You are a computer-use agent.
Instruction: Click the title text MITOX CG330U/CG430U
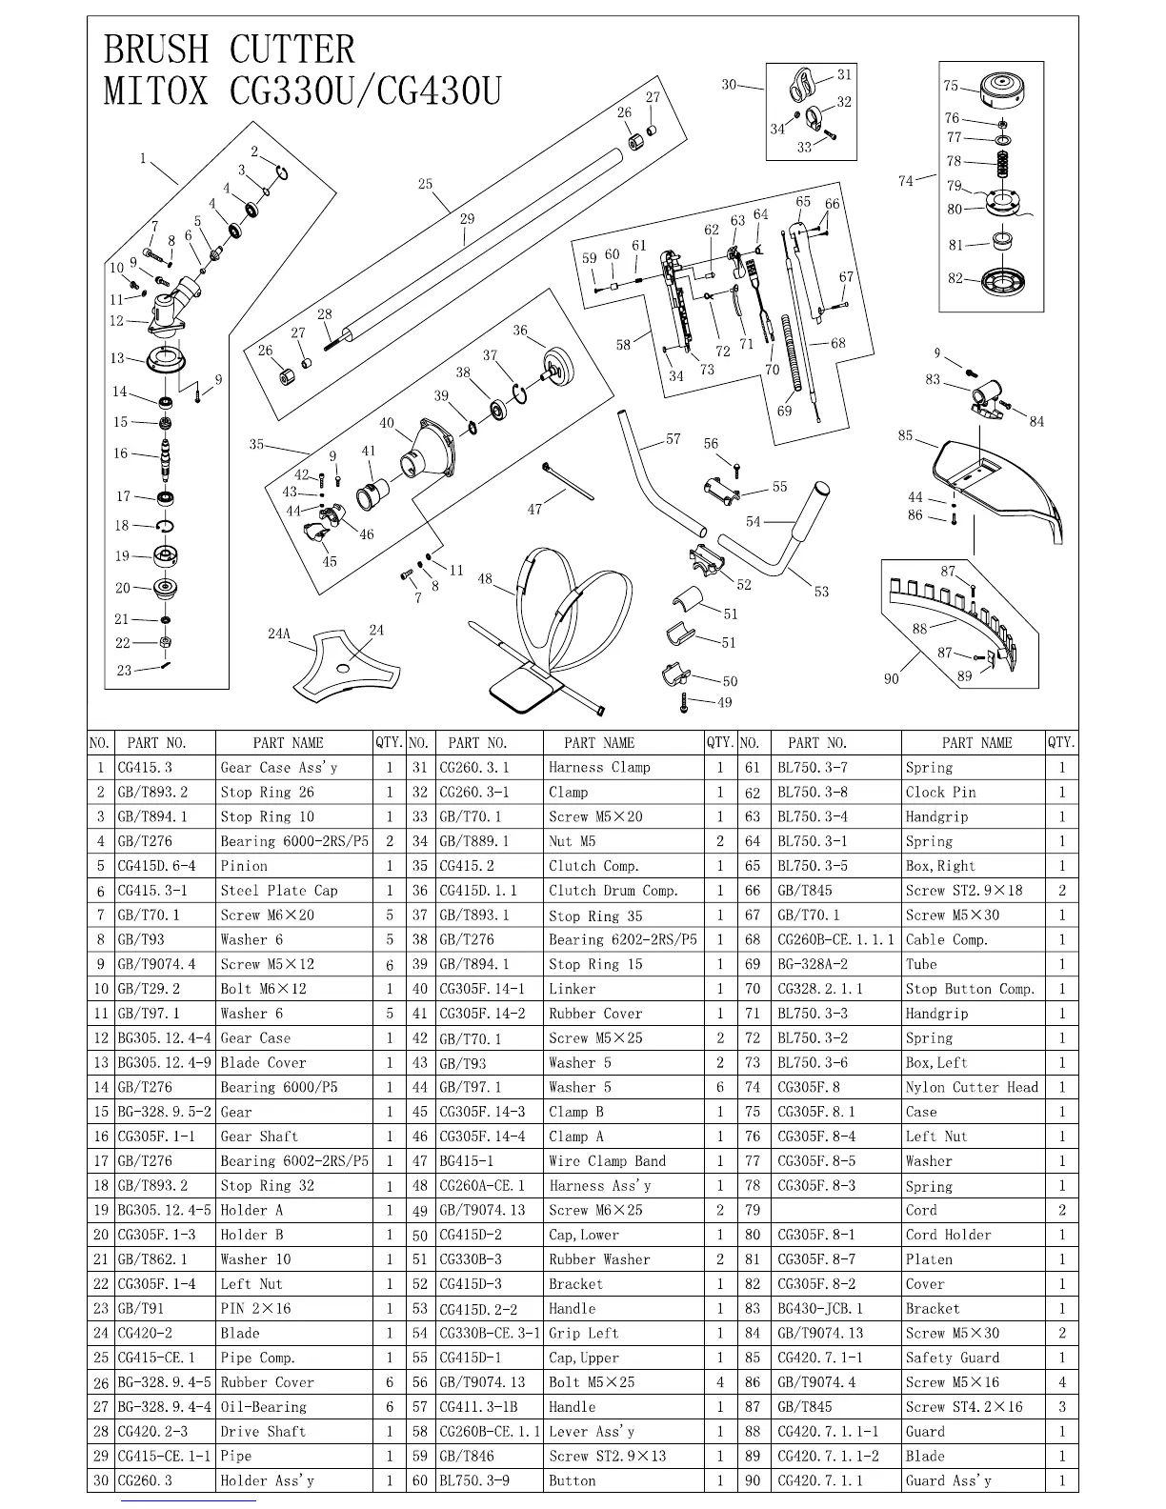pos(301,91)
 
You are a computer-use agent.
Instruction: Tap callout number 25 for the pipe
pos(425,185)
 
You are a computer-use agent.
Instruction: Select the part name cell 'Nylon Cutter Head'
pos(971,1087)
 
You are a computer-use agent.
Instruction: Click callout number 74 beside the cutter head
pos(905,181)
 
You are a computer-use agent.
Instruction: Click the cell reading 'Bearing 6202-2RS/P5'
pos(622,939)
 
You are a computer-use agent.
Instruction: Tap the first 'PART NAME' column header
pos(288,742)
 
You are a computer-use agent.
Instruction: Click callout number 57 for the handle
pos(673,439)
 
